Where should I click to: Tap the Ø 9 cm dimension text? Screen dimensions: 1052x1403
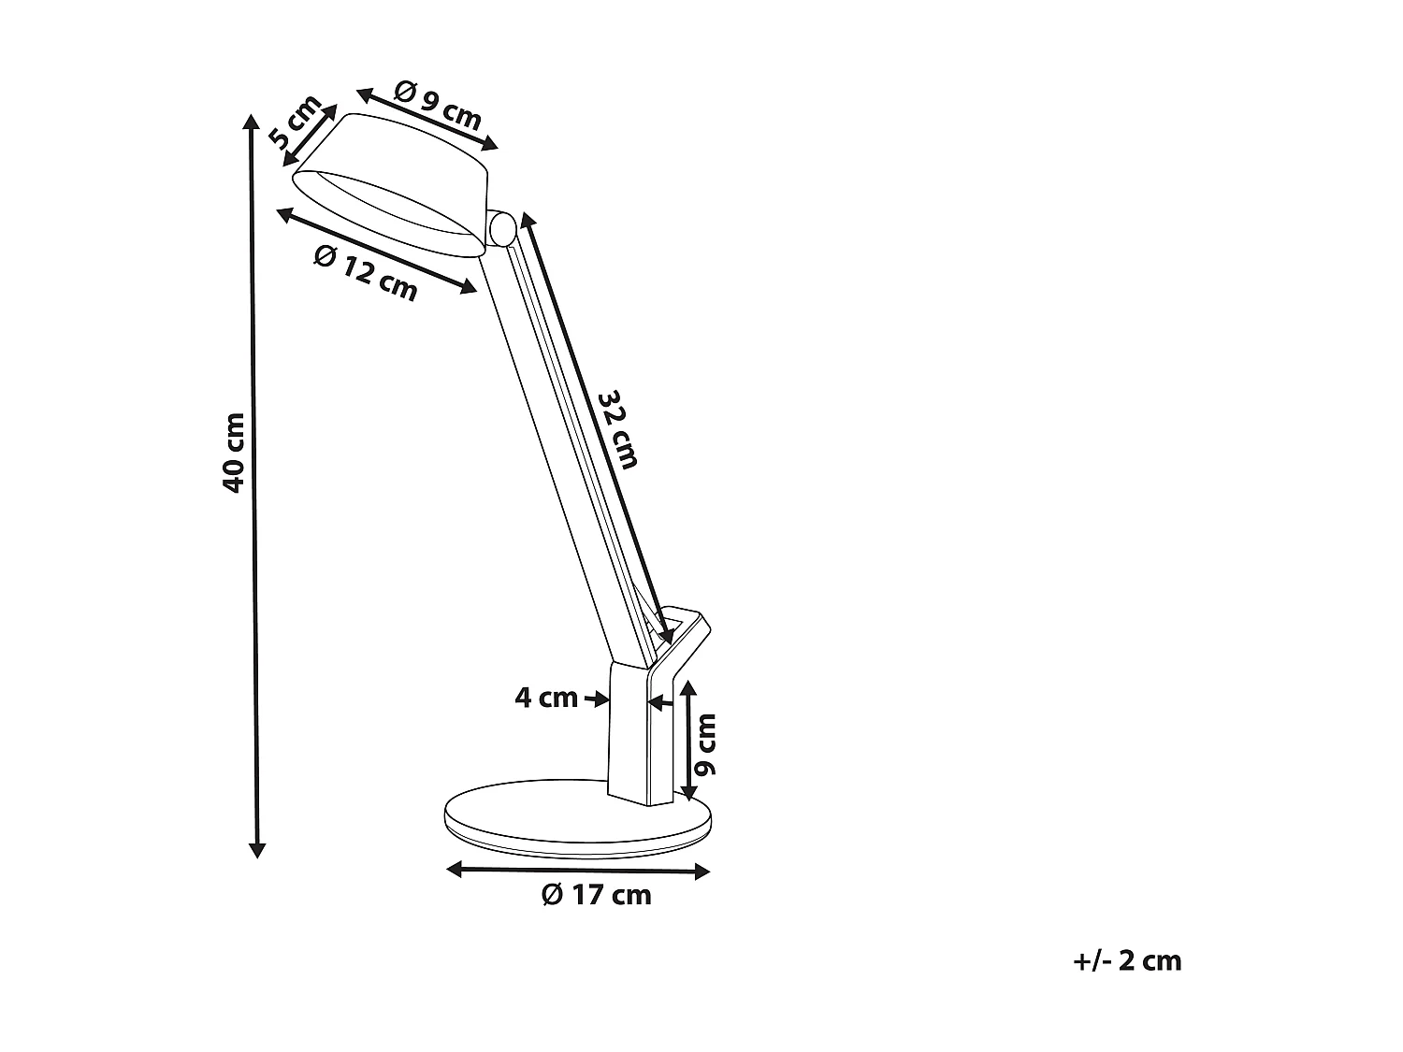click(x=437, y=105)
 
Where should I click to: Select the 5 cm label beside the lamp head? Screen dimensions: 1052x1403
click(x=296, y=122)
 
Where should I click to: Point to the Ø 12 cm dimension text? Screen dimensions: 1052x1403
click(x=366, y=273)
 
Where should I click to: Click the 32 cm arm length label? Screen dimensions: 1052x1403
click(x=618, y=428)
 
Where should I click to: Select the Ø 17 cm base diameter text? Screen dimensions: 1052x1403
click(x=596, y=895)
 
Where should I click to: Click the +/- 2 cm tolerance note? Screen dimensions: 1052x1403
click(x=1128, y=960)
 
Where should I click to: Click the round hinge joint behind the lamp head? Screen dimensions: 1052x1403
click(x=502, y=227)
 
